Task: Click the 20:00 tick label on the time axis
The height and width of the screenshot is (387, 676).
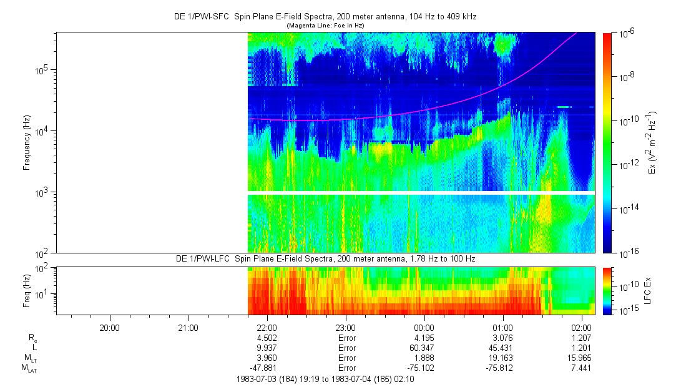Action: tap(109, 327)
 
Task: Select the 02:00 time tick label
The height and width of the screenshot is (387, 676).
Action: tap(581, 327)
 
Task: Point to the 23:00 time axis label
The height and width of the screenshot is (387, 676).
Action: tap(345, 327)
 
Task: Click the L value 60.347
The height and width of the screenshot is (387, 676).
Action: tap(424, 348)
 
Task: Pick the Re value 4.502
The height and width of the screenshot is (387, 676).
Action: tap(267, 338)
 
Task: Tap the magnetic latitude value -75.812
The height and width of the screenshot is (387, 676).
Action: tap(502, 368)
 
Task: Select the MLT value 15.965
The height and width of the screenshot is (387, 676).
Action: tap(581, 358)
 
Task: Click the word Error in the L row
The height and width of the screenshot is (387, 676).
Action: tap(345, 348)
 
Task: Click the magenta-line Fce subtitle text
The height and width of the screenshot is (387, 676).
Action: tap(325, 25)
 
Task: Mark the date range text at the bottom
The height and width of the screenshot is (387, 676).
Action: tap(325, 379)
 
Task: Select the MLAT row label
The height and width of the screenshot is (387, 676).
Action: tap(29, 368)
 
